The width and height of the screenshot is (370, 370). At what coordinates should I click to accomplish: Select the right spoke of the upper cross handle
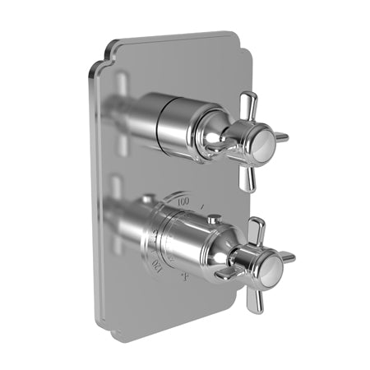point(280,136)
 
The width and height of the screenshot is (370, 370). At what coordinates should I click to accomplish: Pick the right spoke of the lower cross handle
point(286,257)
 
